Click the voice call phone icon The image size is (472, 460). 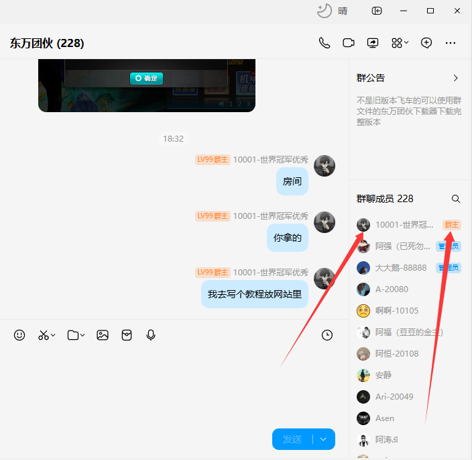(x=324, y=43)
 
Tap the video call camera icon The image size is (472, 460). (x=349, y=43)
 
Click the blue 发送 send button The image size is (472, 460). (x=292, y=439)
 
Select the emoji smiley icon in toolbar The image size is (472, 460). (x=19, y=334)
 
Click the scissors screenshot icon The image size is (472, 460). (x=44, y=334)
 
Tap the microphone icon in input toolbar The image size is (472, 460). (x=151, y=334)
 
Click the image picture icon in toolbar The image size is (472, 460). (x=103, y=334)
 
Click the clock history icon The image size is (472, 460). (x=327, y=334)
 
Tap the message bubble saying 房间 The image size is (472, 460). (x=292, y=181)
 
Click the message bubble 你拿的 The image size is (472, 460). (x=288, y=238)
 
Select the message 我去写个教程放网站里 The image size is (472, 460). (x=255, y=294)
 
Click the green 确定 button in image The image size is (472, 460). (x=146, y=78)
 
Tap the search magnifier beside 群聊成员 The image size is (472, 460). (x=456, y=199)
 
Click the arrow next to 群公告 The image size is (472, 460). (x=456, y=78)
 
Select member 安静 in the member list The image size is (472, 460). (x=383, y=375)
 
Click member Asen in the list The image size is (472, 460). (x=385, y=418)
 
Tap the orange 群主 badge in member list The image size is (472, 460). (x=452, y=225)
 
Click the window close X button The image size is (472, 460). (x=457, y=11)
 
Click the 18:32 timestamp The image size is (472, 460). (x=173, y=138)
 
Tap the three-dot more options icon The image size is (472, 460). (x=451, y=43)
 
